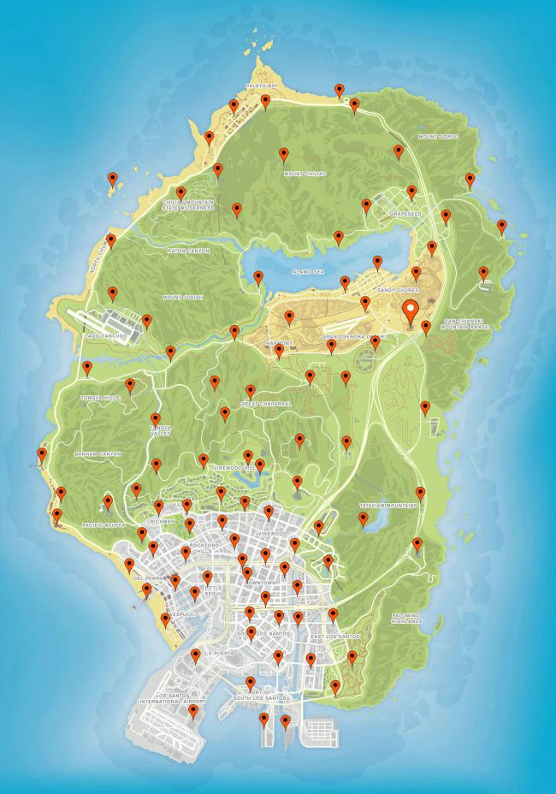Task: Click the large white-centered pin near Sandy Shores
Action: pyautogui.click(x=411, y=311)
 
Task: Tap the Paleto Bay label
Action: pyautogui.click(x=262, y=86)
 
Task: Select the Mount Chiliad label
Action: pyautogui.click(x=305, y=174)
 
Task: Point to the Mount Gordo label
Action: pyautogui.click(x=438, y=137)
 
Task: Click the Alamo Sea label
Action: pyautogui.click(x=308, y=271)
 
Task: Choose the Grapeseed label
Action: pyautogui.click(x=405, y=214)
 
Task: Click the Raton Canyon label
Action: pyautogui.click(x=188, y=251)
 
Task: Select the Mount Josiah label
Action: pyautogui.click(x=182, y=297)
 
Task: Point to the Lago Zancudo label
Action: pyautogui.click(x=106, y=336)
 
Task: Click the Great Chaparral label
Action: pyautogui.click(x=266, y=402)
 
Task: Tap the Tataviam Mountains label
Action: pyautogui.click(x=389, y=506)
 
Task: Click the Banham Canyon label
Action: pyautogui.click(x=98, y=453)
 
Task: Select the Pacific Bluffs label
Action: pyautogui.click(x=104, y=524)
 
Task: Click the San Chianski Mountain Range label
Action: pyautogui.click(x=465, y=325)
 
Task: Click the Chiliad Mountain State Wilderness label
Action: pyautogui.click(x=187, y=205)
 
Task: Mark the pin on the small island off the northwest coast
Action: pyautogui.click(x=112, y=179)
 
